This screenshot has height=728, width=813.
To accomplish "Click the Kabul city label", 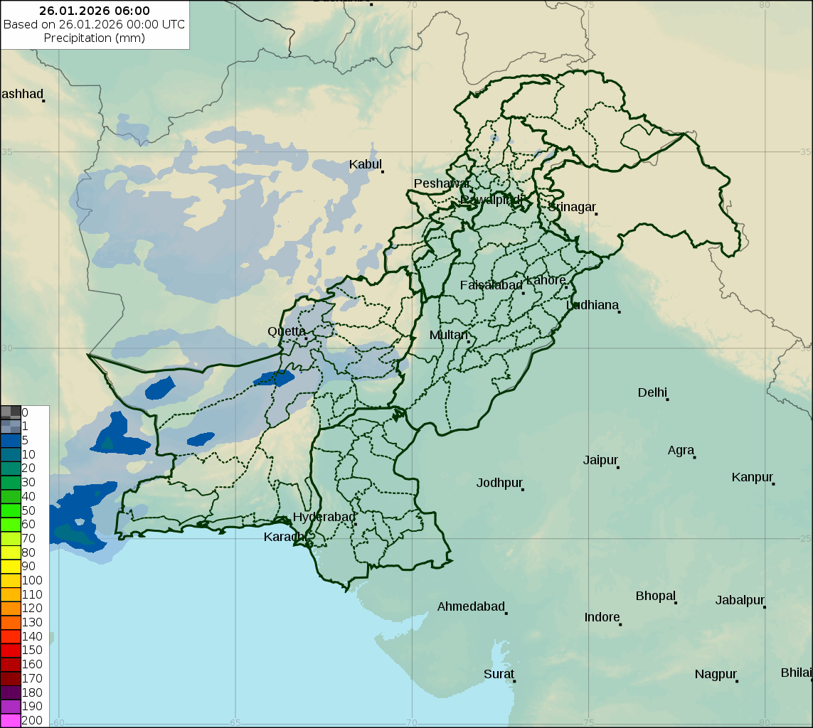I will (x=365, y=165).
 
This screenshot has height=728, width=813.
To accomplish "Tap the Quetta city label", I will (x=287, y=331).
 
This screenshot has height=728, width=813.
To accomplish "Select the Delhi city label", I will (x=652, y=392).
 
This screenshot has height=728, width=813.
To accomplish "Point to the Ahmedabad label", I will (x=470, y=606).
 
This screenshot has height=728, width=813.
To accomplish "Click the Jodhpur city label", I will (x=499, y=483).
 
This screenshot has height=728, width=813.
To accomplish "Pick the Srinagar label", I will (x=571, y=207).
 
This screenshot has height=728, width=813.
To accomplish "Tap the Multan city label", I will (x=449, y=335).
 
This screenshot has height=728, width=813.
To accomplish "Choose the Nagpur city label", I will (x=716, y=674).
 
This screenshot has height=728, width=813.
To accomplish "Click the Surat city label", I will (x=499, y=674).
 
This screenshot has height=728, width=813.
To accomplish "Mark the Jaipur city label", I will (x=600, y=460).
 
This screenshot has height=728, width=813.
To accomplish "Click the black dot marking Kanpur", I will (x=773, y=483).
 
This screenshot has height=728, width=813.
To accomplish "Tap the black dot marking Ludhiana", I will (x=619, y=311).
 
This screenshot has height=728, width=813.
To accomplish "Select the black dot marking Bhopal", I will (x=676, y=602).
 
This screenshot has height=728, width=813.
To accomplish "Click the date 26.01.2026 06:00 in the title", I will (x=95, y=11).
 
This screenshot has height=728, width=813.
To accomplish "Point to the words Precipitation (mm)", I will (x=95, y=38).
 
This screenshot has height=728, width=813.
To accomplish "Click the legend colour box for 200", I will (x=11, y=720).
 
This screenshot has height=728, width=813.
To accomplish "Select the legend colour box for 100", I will (x=11, y=580).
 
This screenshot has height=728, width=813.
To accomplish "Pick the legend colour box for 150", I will (x=11, y=650).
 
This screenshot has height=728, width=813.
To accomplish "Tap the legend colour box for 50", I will (x=11, y=510).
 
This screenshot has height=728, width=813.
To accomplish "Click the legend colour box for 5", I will (x=11, y=440).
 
